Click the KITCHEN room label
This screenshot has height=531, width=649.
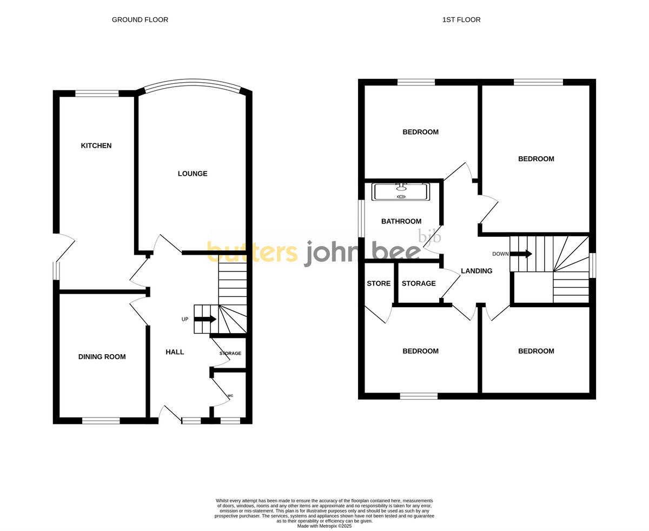(x=96, y=145)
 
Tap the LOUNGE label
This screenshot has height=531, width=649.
(x=193, y=174)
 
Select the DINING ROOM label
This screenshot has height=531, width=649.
(x=102, y=357)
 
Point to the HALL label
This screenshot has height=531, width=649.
(x=175, y=352)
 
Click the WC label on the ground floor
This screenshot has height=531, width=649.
(x=230, y=396)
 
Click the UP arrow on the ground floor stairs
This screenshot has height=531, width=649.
(x=205, y=319)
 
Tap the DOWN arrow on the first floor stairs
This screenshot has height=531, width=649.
(x=521, y=254)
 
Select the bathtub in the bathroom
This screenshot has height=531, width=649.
(x=401, y=192)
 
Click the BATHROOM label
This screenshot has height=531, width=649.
(x=401, y=221)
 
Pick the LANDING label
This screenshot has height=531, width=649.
(x=476, y=271)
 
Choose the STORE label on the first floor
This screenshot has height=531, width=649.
(x=379, y=283)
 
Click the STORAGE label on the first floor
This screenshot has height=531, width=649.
(x=419, y=283)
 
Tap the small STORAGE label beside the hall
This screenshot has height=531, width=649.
(x=230, y=354)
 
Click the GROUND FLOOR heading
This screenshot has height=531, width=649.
(x=140, y=20)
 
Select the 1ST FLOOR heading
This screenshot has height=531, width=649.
(x=461, y=20)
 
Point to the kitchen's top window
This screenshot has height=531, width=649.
(x=97, y=94)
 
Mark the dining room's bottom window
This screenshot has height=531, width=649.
(x=101, y=421)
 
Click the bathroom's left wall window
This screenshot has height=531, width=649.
(x=361, y=218)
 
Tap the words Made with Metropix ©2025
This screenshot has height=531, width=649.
(x=325, y=526)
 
